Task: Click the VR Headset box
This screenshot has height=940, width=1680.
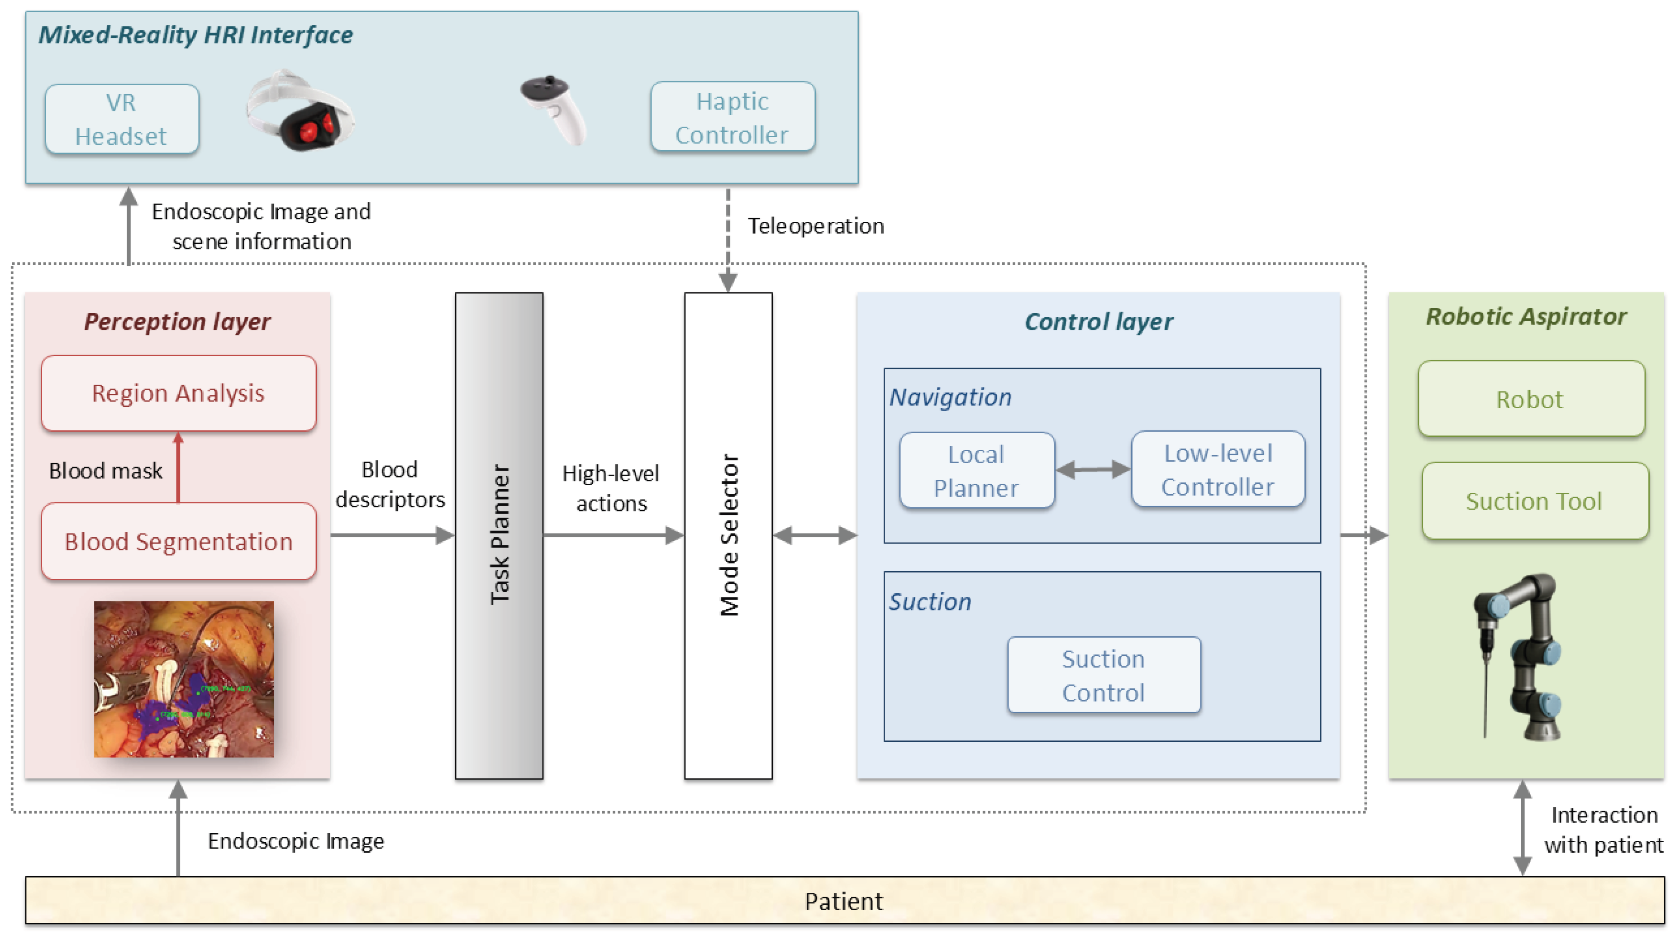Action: coord(122,119)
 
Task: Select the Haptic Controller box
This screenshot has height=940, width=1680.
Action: coord(733,117)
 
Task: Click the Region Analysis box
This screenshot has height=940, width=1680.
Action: coord(178,393)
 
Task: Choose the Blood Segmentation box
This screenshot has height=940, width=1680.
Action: coord(178,541)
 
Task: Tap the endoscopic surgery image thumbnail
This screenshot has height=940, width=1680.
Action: coord(183,679)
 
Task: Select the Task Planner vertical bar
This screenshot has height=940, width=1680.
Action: coord(499,535)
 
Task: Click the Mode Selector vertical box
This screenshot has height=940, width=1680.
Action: coord(728,535)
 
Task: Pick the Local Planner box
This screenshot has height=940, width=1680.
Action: coord(976,470)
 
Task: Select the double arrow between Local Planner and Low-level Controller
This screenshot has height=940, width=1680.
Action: coord(1093,470)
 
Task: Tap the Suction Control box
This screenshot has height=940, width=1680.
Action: coord(1104,675)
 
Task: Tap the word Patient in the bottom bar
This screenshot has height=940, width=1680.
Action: coord(843,902)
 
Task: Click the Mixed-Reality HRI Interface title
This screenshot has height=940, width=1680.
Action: coord(195,34)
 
